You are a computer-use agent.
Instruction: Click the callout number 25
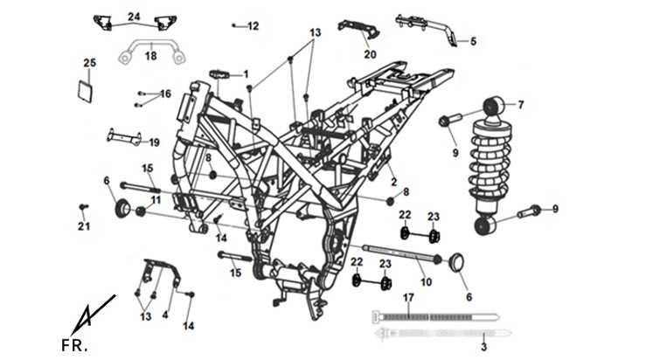pyautogui.click(x=89, y=63)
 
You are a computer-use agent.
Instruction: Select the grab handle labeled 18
pyautogui.click(x=152, y=51)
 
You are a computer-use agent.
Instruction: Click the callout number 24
pyautogui.click(x=134, y=17)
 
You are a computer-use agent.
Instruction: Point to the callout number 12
pyautogui.click(x=254, y=26)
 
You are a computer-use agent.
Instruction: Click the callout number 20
pyautogui.click(x=370, y=54)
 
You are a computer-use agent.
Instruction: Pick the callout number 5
pyautogui.click(x=473, y=41)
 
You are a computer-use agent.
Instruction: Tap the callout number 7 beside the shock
pyautogui.click(x=521, y=105)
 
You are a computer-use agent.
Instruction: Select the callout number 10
pyautogui.click(x=426, y=282)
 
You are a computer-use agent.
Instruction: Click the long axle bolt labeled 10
pyautogui.click(x=402, y=253)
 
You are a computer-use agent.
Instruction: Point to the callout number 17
pyautogui.click(x=408, y=298)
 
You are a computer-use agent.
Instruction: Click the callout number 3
pyautogui.click(x=483, y=347)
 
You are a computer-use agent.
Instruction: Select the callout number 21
pyautogui.click(x=84, y=226)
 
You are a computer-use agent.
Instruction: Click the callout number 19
pyautogui.click(x=154, y=142)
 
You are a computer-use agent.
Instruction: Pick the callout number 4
pyautogui.click(x=165, y=315)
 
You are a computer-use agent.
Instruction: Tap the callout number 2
pyautogui.click(x=393, y=182)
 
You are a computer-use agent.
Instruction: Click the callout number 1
pyautogui.click(x=246, y=74)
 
